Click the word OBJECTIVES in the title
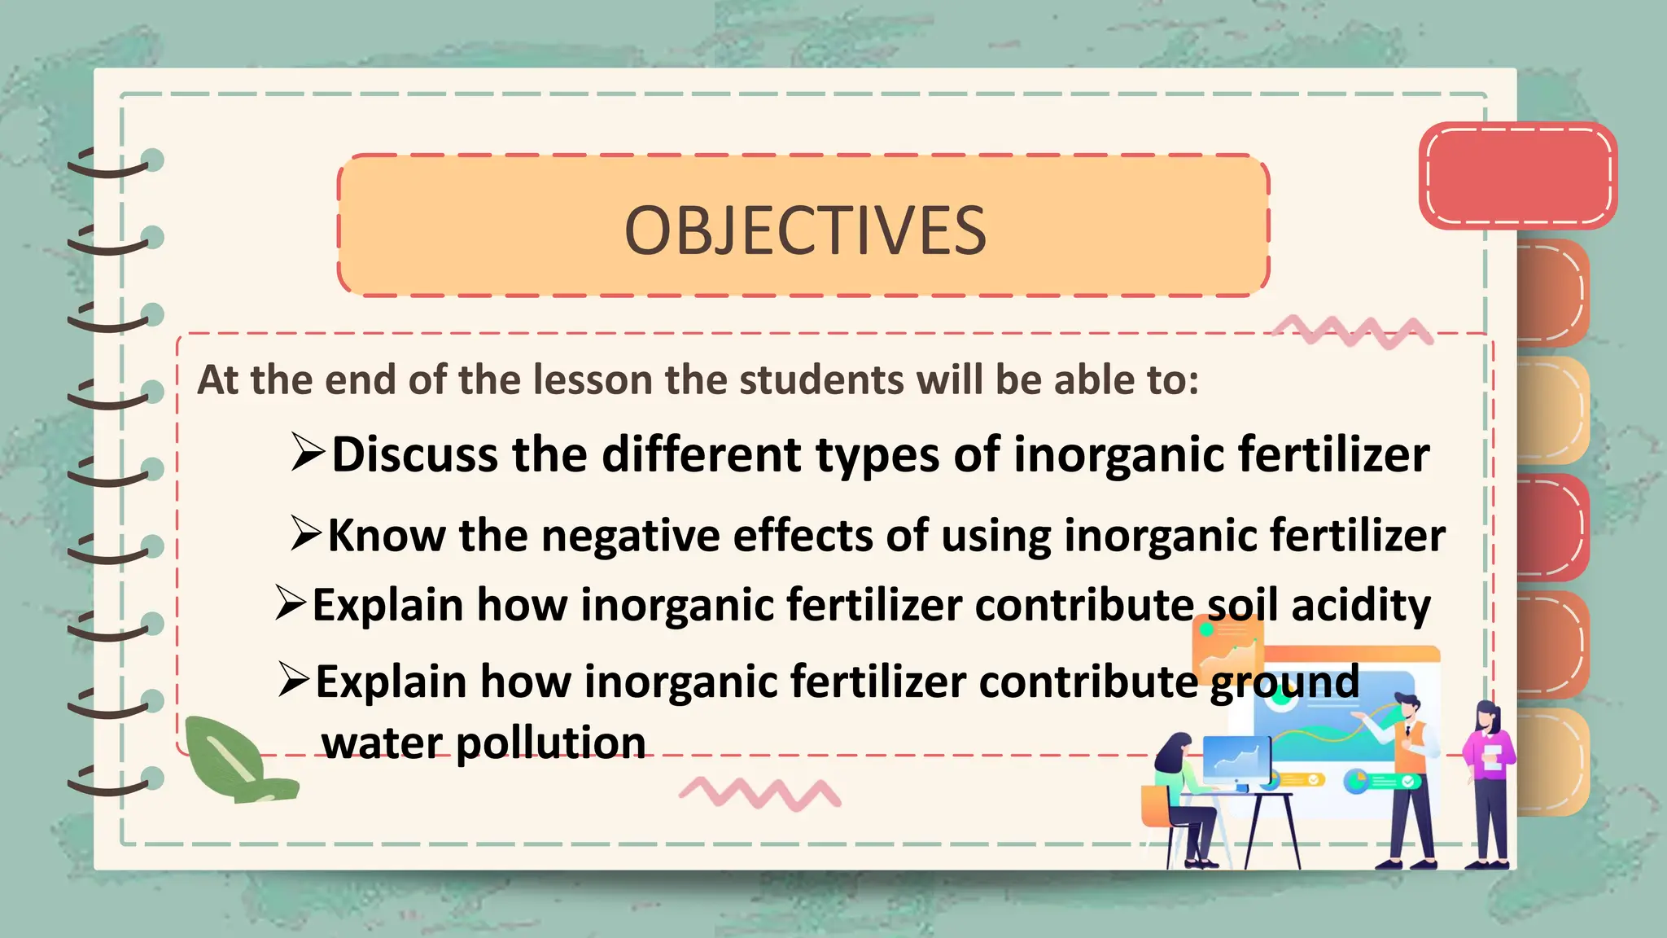(x=805, y=230)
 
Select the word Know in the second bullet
(x=387, y=536)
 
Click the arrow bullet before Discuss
(x=308, y=452)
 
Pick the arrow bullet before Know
(x=306, y=533)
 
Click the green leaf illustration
(x=232, y=759)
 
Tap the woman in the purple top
(x=1490, y=782)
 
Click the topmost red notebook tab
(x=1517, y=175)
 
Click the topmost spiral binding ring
(x=114, y=163)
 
